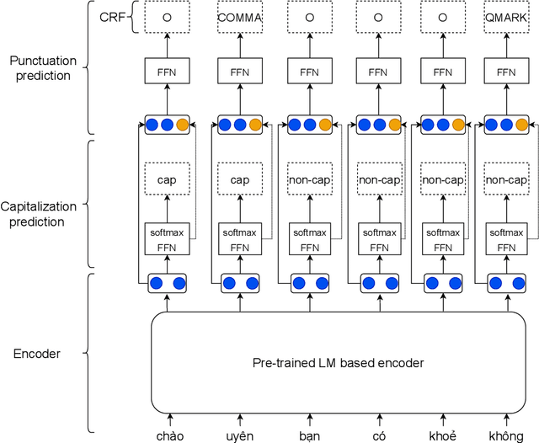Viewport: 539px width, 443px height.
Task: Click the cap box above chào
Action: coord(167,179)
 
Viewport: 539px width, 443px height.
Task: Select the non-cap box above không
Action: coord(506,179)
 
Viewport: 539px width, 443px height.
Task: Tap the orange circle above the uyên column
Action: coord(256,125)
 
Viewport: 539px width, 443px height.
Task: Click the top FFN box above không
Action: coord(506,72)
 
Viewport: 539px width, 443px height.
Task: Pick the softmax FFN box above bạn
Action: coord(309,239)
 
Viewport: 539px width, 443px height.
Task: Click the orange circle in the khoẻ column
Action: coord(458,125)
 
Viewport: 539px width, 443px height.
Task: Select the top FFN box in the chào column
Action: coord(167,72)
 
